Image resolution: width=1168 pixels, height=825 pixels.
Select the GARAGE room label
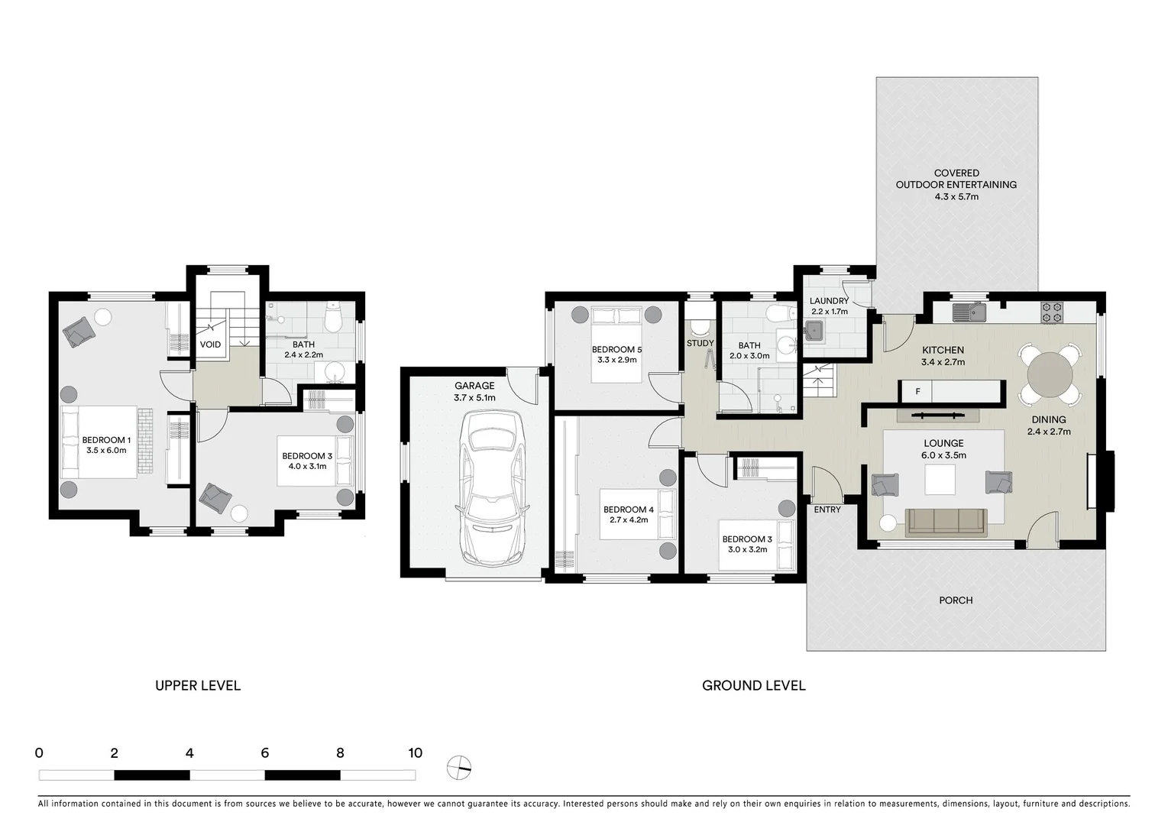click(x=474, y=386)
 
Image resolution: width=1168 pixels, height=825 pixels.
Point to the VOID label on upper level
click(x=210, y=345)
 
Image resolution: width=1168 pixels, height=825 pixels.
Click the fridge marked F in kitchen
click(x=917, y=391)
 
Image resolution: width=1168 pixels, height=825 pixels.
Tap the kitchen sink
click(x=969, y=311)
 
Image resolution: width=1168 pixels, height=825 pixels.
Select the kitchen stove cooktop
click(x=1052, y=311)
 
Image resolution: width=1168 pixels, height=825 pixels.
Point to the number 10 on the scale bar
click(x=415, y=753)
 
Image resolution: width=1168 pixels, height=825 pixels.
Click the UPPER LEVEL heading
click(x=198, y=685)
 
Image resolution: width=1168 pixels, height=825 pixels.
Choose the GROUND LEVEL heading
click(x=753, y=685)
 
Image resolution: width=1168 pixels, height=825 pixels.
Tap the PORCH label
click(x=956, y=600)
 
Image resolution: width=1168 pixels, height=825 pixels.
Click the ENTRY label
click(x=827, y=510)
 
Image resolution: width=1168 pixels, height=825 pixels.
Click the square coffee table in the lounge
click(x=940, y=480)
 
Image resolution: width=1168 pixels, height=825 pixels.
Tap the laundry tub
click(x=813, y=331)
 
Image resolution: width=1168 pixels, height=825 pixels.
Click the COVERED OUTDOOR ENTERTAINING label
click(x=956, y=184)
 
